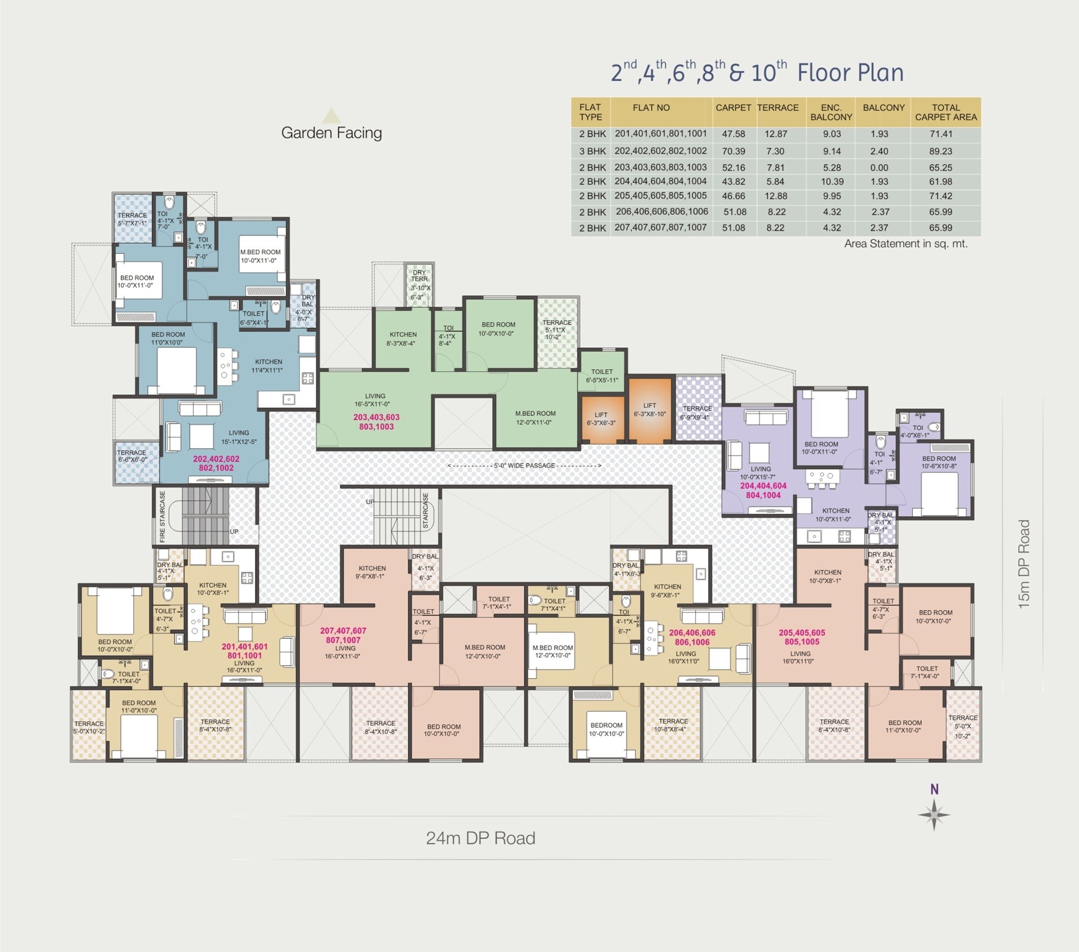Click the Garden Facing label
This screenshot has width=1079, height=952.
(331, 133)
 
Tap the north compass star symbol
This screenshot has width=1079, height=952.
(934, 814)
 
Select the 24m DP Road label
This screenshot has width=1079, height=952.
(480, 838)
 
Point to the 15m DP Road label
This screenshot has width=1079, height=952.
(1024, 564)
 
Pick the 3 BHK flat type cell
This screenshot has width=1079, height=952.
(592, 151)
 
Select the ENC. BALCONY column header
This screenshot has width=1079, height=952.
(831, 112)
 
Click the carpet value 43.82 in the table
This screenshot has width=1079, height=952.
(733, 181)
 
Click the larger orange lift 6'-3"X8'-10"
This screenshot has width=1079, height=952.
(650, 409)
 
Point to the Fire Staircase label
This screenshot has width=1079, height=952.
(162, 516)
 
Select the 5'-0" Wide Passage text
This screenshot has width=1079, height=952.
(524, 465)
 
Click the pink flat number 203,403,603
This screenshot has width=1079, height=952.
(376, 417)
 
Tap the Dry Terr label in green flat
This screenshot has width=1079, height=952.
(419, 275)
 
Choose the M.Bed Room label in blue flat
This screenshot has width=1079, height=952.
(260, 252)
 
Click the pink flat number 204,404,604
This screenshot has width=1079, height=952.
(763, 486)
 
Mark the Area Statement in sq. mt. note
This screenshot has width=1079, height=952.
(905, 244)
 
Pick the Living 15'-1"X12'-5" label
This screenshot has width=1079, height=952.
(238, 437)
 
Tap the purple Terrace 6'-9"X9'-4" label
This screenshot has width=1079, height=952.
(697, 413)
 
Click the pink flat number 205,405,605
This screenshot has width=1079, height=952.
(802, 632)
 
